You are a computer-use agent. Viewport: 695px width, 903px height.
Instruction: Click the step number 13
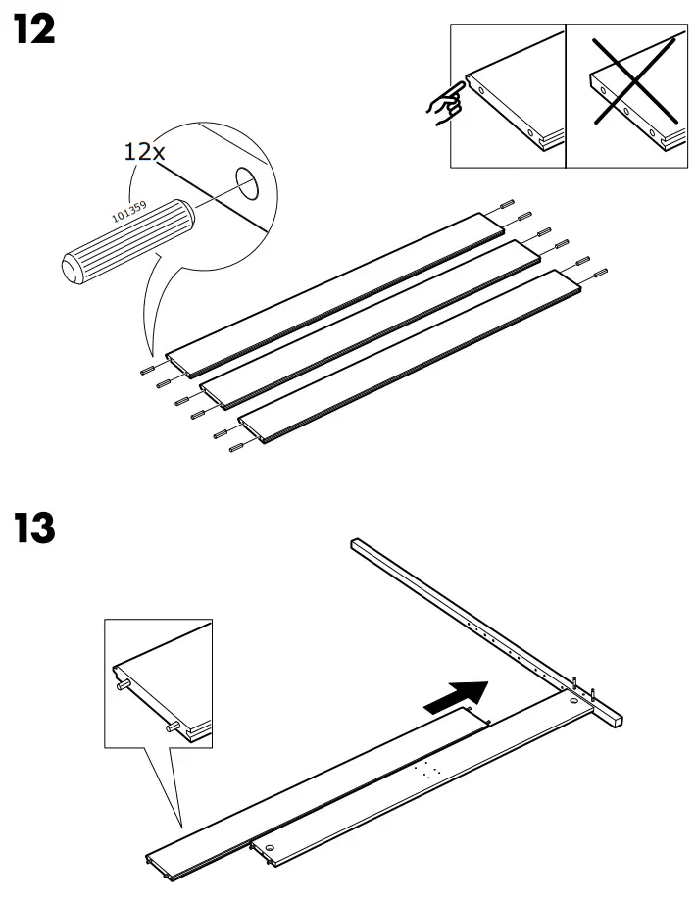[x=35, y=530]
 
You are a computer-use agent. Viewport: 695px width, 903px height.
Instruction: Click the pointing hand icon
[x=446, y=106]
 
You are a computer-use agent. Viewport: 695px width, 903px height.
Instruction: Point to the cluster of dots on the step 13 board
[x=426, y=769]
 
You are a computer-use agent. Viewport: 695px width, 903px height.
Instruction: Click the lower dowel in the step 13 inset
[x=173, y=727]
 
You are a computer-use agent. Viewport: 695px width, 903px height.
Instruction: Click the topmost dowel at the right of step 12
[x=506, y=203]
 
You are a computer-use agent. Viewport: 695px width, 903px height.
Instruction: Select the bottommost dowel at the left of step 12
[x=236, y=448]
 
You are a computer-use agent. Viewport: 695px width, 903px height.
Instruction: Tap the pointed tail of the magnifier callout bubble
[x=152, y=354]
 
